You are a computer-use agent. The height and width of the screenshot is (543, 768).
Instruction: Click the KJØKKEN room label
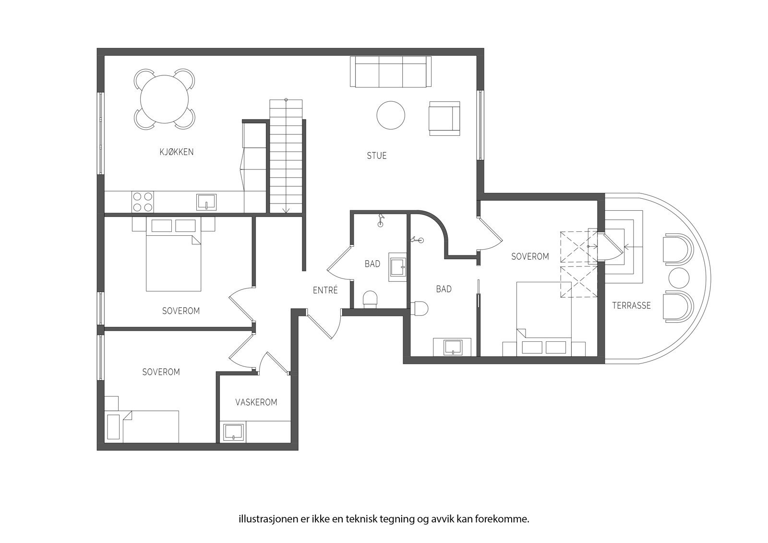pos(176,152)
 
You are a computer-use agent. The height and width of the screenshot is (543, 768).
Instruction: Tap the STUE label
pos(376,156)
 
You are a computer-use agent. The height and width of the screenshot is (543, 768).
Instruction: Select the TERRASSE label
pos(631,305)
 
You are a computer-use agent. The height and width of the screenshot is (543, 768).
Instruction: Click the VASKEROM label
pos(256,402)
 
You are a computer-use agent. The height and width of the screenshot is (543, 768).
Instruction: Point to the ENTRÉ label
pos(325,290)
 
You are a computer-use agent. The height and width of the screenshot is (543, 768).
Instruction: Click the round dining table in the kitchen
pos(164,99)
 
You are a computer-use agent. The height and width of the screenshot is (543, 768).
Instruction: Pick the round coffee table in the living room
pos(390,115)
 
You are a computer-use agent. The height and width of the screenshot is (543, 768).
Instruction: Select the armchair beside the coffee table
pos(444,118)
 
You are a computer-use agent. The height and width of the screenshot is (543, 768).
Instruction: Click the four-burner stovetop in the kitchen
pos(143,202)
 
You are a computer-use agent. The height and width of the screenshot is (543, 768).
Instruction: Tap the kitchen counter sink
pos(206,202)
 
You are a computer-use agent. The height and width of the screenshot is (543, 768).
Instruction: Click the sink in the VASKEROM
pos(233,432)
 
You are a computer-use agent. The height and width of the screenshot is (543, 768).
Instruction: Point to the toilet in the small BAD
pos(371,300)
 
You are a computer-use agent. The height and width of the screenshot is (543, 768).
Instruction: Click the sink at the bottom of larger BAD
pos(452,347)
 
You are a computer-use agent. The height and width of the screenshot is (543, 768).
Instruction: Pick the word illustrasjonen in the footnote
pos(262,519)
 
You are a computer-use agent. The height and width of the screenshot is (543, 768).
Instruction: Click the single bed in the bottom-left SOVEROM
pos(150,426)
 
